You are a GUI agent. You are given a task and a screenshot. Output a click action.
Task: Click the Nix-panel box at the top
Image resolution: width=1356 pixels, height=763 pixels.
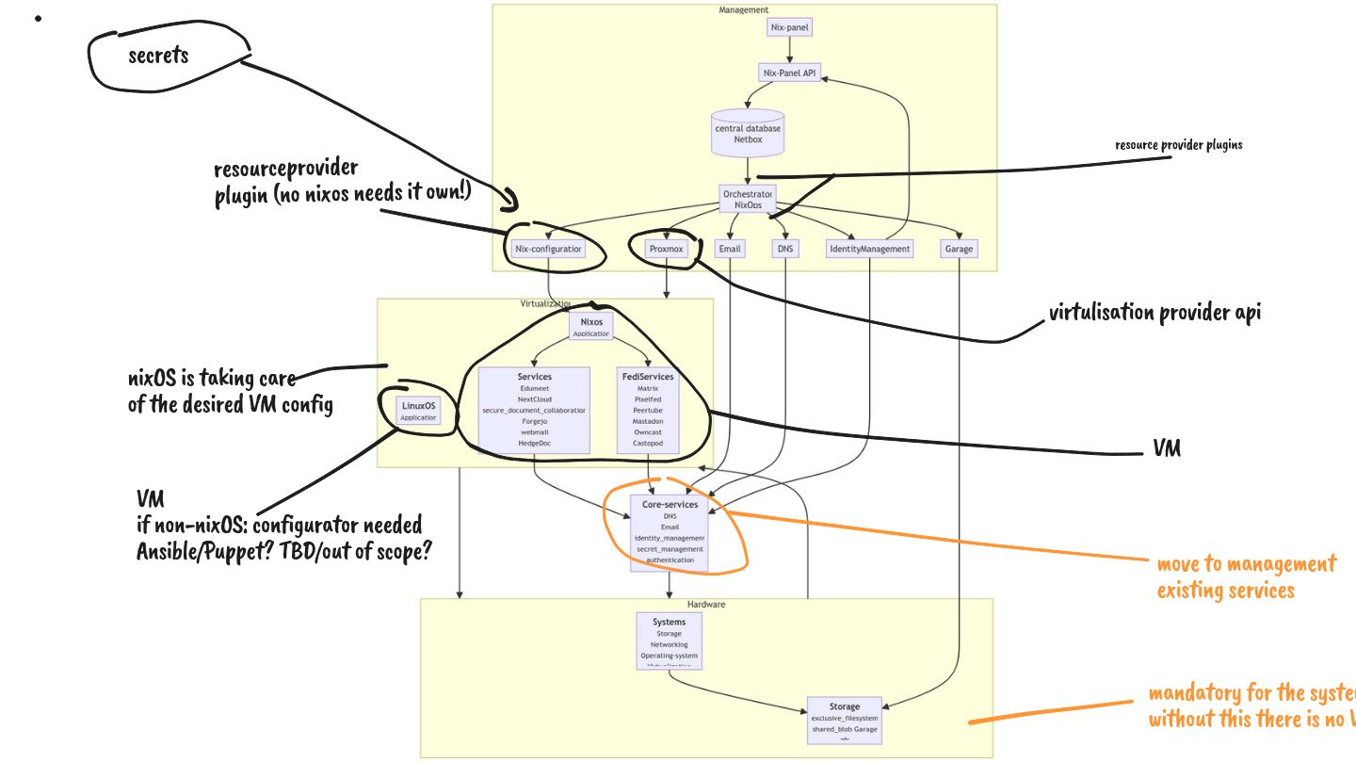(789, 27)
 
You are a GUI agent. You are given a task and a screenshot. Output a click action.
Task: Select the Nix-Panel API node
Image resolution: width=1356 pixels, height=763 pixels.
(788, 73)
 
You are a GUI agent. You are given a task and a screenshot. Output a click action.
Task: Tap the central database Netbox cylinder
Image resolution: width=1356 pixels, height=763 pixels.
(748, 134)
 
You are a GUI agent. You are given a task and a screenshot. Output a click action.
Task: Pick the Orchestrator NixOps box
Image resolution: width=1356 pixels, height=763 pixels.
(748, 198)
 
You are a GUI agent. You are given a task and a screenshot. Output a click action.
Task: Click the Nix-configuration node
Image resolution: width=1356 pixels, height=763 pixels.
(548, 249)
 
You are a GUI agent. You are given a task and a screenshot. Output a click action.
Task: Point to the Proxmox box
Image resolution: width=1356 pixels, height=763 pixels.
(666, 249)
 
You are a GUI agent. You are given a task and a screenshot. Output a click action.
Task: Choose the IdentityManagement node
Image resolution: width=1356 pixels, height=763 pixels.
(869, 249)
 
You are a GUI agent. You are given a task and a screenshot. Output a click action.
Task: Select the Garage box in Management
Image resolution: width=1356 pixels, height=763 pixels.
(959, 249)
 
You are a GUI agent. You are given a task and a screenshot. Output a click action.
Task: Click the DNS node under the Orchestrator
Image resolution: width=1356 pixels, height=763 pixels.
(785, 249)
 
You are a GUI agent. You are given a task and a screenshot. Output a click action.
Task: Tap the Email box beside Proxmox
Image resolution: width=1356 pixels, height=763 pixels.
(730, 249)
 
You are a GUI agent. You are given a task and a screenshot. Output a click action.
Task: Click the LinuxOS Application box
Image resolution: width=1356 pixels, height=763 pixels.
(418, 411)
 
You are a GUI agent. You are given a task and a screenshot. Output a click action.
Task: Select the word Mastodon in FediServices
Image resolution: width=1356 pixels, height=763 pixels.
(647, 421)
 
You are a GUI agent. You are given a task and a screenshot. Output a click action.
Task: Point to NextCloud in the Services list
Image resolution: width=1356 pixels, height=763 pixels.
(533, 399)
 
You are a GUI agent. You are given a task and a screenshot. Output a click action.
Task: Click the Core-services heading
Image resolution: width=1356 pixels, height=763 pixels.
(670, 505)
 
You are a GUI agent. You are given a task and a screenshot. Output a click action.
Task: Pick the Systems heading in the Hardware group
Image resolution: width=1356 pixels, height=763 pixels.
(669, 622)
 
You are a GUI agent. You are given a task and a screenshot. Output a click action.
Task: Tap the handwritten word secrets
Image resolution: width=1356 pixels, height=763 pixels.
(158, 56)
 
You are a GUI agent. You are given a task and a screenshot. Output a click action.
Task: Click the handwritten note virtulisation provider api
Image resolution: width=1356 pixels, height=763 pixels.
(1154, 314)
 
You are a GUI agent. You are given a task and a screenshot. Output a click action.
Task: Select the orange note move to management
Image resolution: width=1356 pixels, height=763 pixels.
(1246, 564)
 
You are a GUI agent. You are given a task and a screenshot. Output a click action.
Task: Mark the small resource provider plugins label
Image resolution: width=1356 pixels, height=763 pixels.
(1178, 145)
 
